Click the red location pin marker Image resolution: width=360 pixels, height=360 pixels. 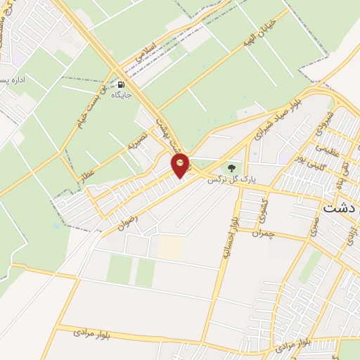(181, 165)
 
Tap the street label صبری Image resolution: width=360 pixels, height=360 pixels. (315, 224)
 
